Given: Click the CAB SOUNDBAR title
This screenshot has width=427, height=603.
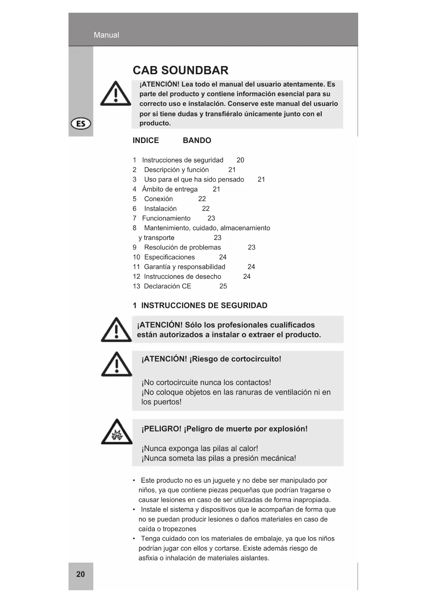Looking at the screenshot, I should [180, 70].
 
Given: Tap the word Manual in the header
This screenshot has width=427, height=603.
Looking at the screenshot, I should [106, 35].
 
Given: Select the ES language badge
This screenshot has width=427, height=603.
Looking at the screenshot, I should [81, 124].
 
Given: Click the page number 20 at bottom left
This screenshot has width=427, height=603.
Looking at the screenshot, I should [81, 574].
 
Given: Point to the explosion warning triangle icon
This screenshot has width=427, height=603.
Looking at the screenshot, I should [117, 432].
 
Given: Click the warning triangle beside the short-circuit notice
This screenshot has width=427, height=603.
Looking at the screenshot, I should [117, 364].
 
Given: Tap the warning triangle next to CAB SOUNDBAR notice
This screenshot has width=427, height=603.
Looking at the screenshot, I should [116, 94].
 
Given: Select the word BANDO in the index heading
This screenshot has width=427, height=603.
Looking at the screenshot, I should [197, 140].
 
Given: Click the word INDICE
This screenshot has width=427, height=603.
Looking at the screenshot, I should [146, 140].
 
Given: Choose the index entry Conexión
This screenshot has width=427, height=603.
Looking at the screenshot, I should [158, 199].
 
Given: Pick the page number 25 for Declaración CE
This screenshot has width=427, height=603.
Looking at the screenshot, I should [223, 286].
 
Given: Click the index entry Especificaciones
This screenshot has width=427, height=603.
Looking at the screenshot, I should [169, 257].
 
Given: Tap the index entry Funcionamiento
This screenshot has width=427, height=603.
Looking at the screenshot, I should [166, 218].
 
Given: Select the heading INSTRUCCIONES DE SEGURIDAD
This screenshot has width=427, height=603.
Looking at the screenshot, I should [204, 306].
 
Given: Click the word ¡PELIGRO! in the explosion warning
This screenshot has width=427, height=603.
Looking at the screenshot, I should [161, 429].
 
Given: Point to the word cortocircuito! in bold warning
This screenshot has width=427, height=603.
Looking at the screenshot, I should [256, 359].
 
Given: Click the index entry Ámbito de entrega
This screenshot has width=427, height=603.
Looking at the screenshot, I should [170, 189].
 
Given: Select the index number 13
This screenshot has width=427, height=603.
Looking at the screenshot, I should [136, 286].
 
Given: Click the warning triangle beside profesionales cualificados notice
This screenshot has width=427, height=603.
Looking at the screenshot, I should [116, 330].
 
